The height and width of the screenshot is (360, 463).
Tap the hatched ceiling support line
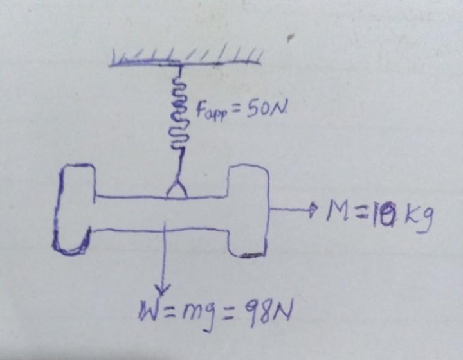(186, 62)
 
